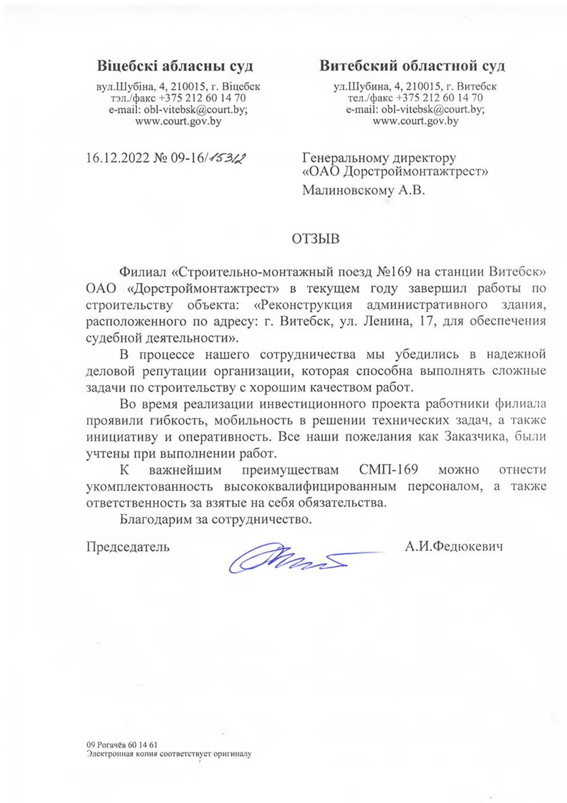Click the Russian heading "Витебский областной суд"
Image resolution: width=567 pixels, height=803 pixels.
tap(413, 65)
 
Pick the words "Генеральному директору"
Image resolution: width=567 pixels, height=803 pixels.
tap(379, 158)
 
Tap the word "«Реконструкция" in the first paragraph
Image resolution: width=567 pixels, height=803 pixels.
tap(303, 305)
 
